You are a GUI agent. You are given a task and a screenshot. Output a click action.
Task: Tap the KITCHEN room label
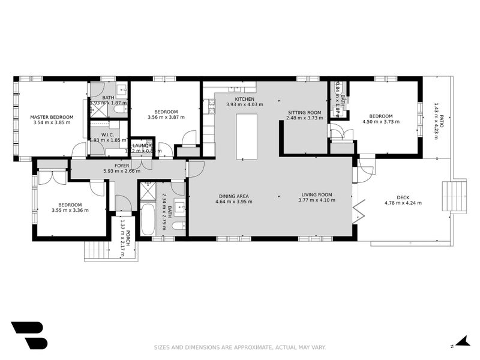tap(244, 99)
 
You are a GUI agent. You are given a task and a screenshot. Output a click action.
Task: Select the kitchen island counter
tap(245, 136)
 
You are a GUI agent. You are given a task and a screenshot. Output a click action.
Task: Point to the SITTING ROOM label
tap(304, 112)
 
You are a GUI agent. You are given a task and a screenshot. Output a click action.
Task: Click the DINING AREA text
tap(233, 195)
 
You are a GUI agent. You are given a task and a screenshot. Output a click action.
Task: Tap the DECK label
tap(403, 197)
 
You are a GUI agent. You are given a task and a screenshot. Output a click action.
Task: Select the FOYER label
tap(122, 165)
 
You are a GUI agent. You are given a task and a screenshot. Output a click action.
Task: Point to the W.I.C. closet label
tap(108, 135)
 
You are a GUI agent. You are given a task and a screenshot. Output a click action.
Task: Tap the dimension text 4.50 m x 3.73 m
tap(380, 122)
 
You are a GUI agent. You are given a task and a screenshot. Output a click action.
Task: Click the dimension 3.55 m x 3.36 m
tap(70, 210)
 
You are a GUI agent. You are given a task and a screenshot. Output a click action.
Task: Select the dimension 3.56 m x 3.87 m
tap(166, 118)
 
